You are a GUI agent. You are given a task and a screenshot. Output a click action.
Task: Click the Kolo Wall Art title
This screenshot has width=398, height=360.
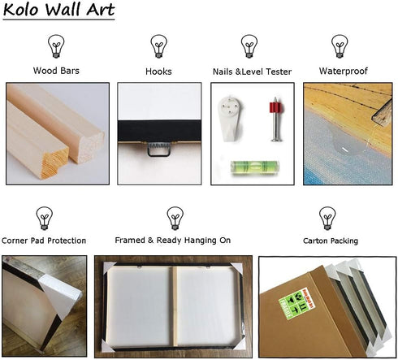pos(58,10)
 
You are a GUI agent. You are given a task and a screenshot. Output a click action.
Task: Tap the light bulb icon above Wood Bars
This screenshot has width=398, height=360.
pos(56,46)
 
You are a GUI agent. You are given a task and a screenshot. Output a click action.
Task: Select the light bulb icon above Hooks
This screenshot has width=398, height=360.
pos(158,46)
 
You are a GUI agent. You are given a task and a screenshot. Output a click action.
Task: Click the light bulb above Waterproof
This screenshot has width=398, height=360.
pos(340,46)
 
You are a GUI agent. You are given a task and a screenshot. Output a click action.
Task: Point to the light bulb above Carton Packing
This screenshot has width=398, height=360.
pos(327,219)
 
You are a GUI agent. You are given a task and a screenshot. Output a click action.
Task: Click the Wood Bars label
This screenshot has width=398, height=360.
pos(56,71)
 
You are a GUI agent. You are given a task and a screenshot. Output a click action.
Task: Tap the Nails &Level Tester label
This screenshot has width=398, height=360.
pos(252,72)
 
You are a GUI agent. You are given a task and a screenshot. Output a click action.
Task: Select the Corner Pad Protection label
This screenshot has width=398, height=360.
pos(44,241)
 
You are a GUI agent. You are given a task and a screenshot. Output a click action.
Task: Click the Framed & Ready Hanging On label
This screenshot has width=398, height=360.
pos(173,241)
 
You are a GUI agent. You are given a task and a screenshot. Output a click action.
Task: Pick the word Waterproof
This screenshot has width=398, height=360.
pos(344,71)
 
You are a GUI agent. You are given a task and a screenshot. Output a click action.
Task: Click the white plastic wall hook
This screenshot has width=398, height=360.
pos(230,119)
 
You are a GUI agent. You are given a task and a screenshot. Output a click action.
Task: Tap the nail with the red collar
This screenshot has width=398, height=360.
pos(276,119)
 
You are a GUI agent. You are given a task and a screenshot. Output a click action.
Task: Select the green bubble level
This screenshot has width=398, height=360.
pos(254,167)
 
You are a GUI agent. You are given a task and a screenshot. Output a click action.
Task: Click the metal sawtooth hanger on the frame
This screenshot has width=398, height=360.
pos(159,149)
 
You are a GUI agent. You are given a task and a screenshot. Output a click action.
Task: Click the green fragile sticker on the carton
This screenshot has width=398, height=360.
pos(293,304)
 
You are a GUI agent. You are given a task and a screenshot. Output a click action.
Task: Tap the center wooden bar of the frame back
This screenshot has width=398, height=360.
pos(175,306)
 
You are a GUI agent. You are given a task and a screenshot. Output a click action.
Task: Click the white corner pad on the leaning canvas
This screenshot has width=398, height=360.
pos(60,295)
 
